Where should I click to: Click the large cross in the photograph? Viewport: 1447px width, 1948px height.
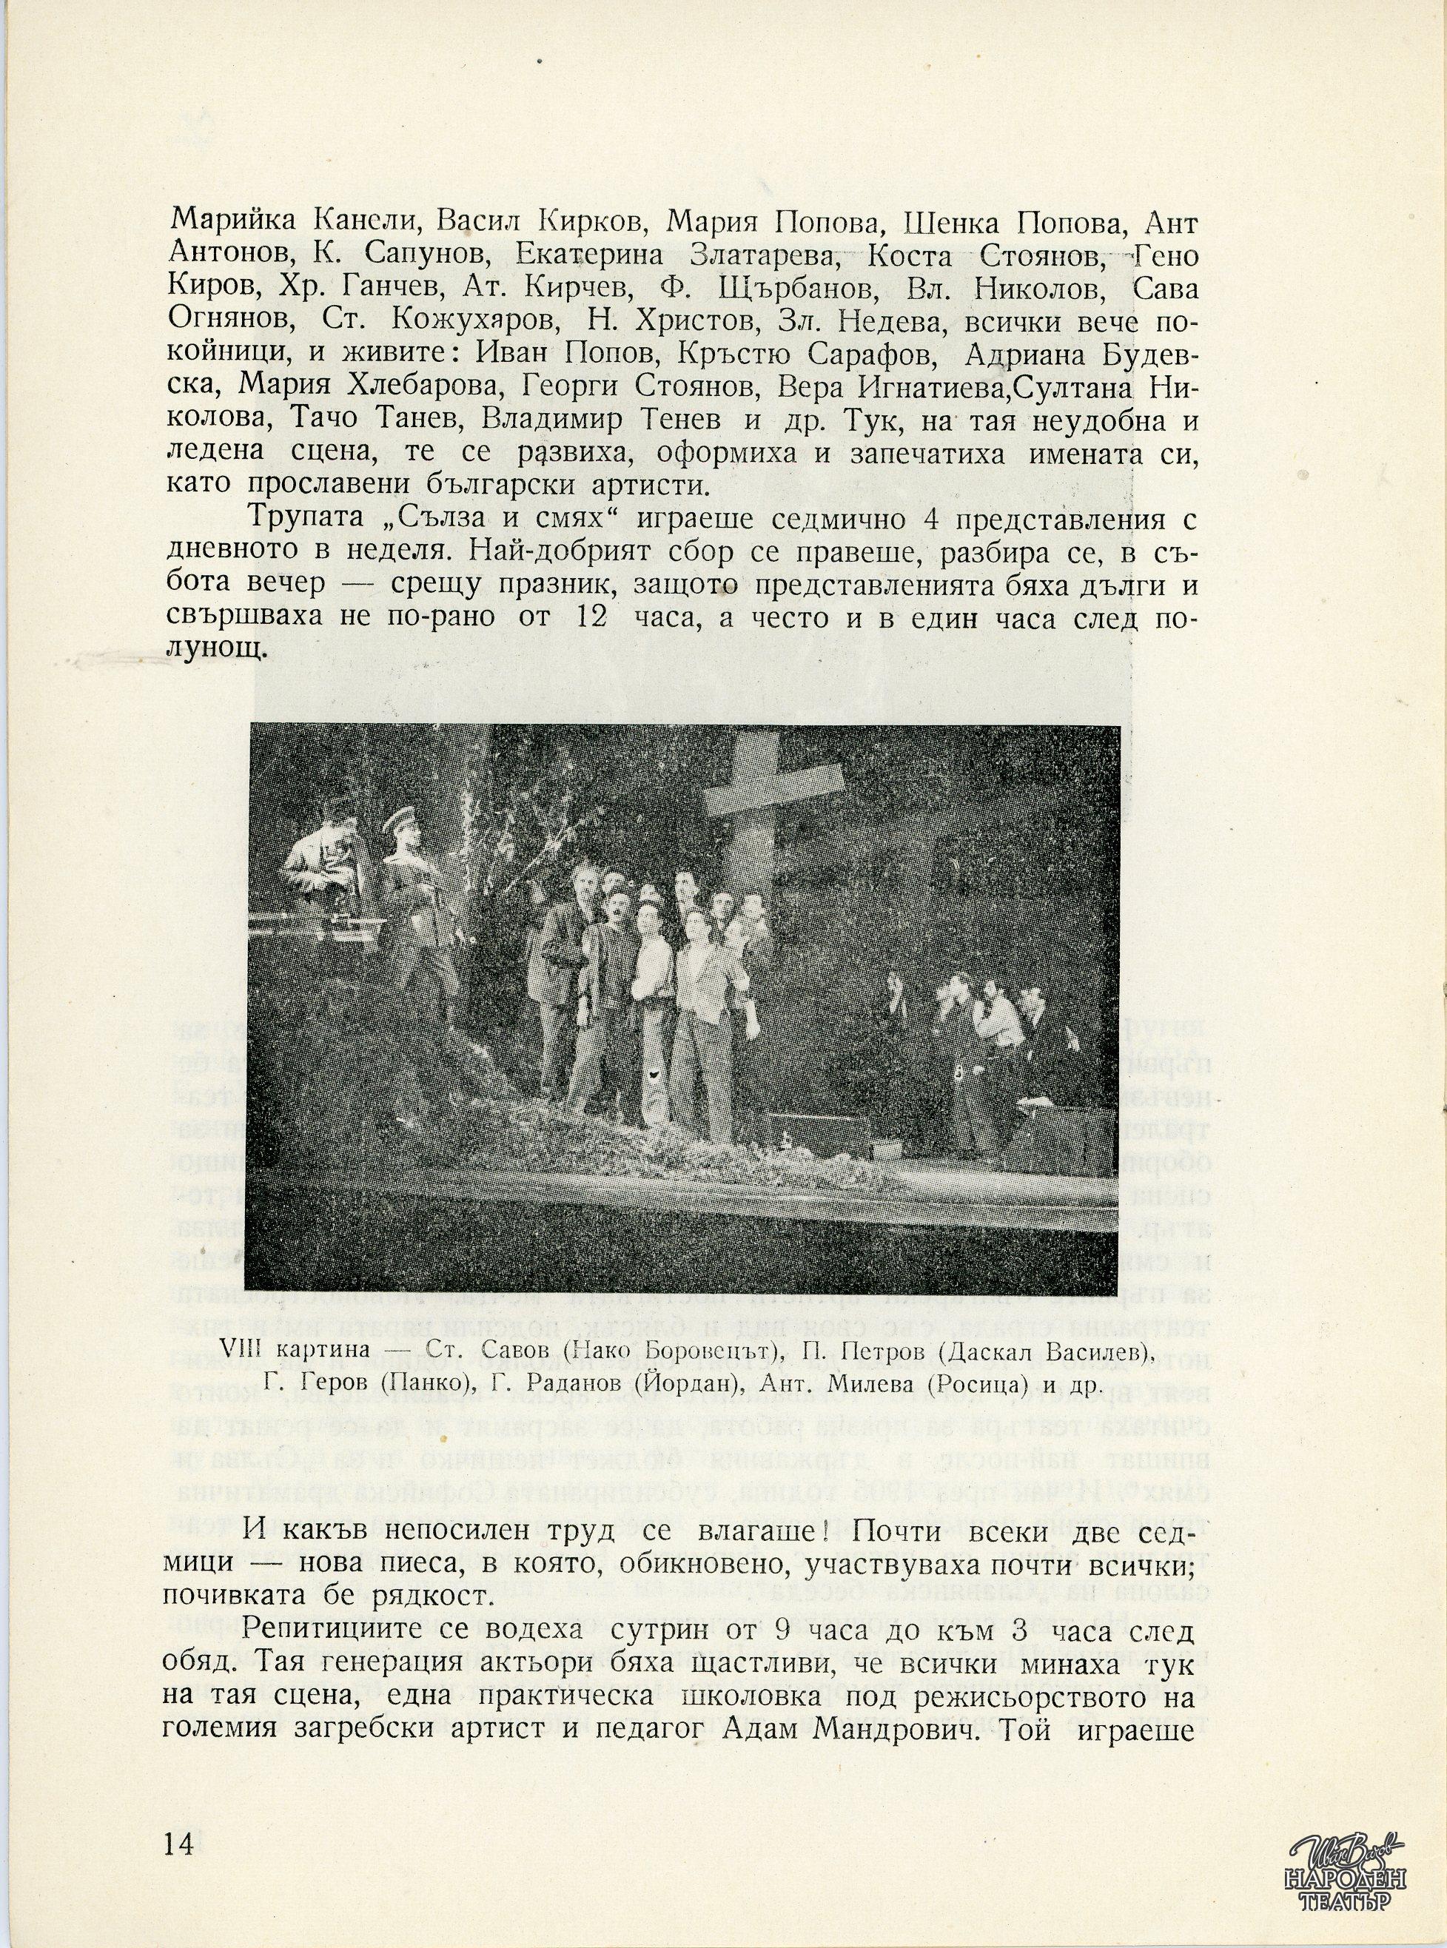761,815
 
